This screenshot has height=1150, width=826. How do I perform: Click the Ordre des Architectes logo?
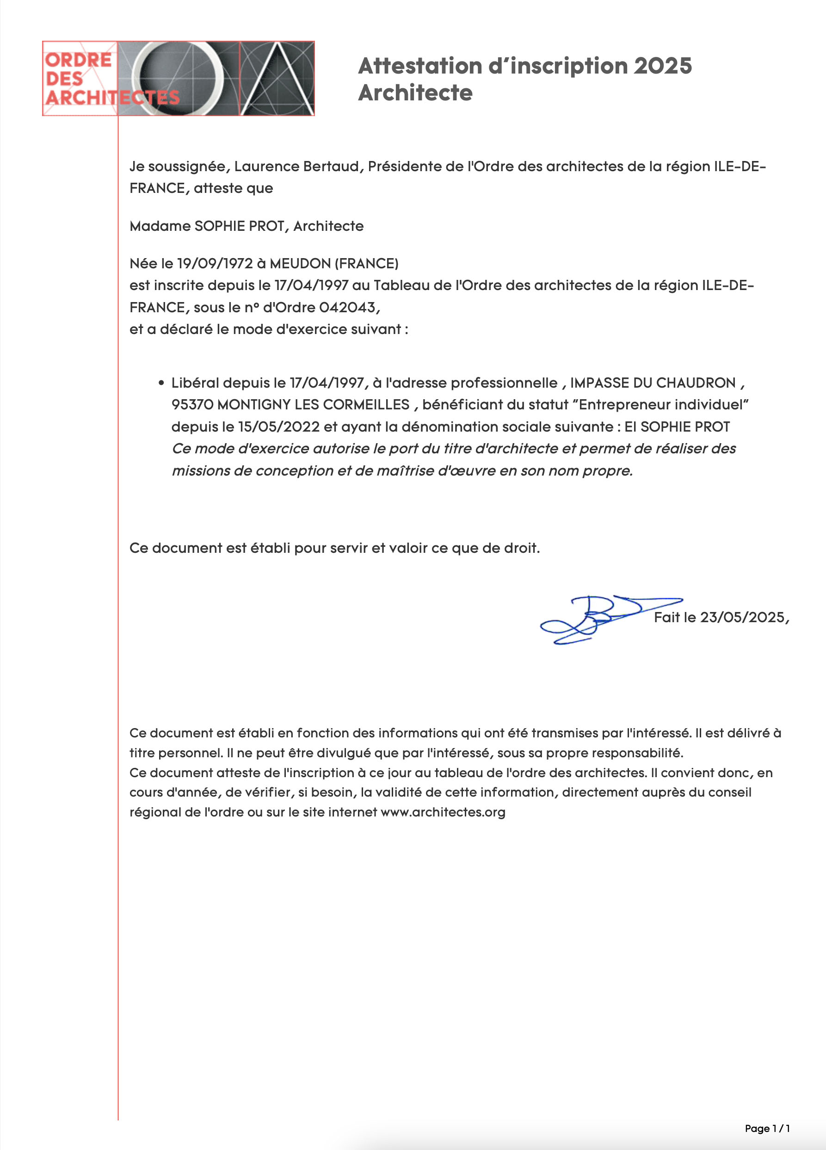coord(178,79)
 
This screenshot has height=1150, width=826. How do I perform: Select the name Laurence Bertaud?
coord(296,167)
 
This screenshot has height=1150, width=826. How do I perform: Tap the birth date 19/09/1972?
coord(215,264)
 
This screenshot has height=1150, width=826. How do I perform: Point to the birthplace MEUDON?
coord(300,264)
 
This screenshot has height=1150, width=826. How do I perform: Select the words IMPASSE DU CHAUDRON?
coord(653,383)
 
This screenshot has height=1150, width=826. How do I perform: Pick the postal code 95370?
coord(192,405)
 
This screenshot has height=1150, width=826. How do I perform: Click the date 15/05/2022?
coord(279,427)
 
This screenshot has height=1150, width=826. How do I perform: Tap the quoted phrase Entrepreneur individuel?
coord(664,405)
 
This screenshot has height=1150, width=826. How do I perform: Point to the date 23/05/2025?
coord(742,617)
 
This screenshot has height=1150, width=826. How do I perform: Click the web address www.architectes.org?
coord(443,812)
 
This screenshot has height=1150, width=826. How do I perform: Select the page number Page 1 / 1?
coord(767,1128)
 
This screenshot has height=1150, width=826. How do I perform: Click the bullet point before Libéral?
coord(161,383)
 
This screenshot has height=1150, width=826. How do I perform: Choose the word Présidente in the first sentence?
coord(398,167)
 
